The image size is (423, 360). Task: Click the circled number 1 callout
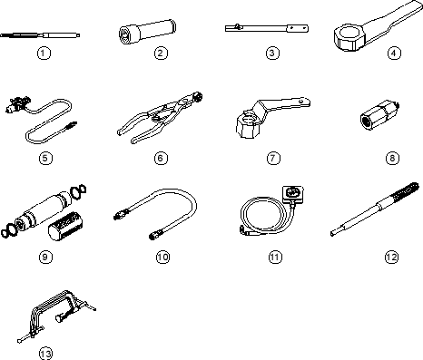click(44, 54)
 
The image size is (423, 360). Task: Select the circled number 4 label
click(394, 54)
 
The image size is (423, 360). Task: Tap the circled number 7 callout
click(273, 158)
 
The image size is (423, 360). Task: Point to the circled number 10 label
click(162, 257)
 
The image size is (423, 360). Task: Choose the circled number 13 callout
click(45, 354)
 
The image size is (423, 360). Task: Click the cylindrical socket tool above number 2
click(147, 33)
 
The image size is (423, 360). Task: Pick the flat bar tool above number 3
click(267, 28)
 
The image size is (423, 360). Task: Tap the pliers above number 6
click(160, 118)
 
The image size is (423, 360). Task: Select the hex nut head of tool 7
click(248, 126)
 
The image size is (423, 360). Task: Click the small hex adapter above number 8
click(379, 115)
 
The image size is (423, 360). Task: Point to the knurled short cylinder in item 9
click(67, 226)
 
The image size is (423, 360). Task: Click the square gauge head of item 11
click(292, 193)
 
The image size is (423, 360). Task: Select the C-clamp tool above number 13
click(56, 316)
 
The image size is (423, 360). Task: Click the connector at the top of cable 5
click(17, 103)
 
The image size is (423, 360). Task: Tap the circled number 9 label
click(45, 257)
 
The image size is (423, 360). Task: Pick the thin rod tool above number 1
click(40, 35)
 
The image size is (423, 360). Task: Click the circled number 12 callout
click(392, 257)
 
